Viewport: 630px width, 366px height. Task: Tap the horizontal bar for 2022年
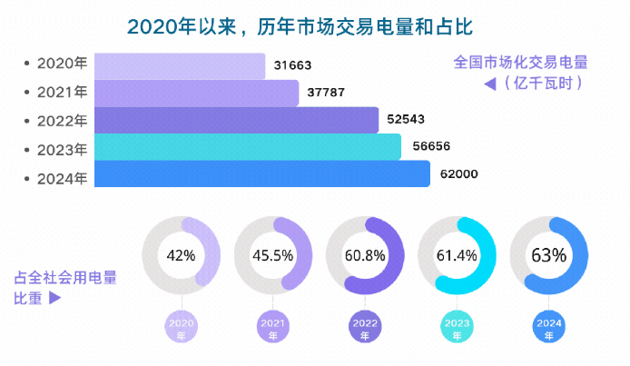tap(236, 120)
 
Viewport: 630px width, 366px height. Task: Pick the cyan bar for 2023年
tap(247, 147)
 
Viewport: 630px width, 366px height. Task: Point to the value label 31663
tap(291, 65)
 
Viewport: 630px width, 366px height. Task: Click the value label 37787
tap(325, 92)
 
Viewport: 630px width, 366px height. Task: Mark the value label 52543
tap(406, 119)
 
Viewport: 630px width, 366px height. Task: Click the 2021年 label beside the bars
tap(62, 92)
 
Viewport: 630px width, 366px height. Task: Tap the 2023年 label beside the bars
tap(62, 148)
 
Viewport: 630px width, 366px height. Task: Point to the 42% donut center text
tap(182, 255)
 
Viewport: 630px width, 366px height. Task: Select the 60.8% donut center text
tap(365, 255)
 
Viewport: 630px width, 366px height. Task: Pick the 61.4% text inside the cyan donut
tap(457, 255)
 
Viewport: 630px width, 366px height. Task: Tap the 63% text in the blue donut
tap(548, 255)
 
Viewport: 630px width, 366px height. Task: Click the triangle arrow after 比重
tap(54, 297)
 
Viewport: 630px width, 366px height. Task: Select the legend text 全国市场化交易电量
tap(520, 64)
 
